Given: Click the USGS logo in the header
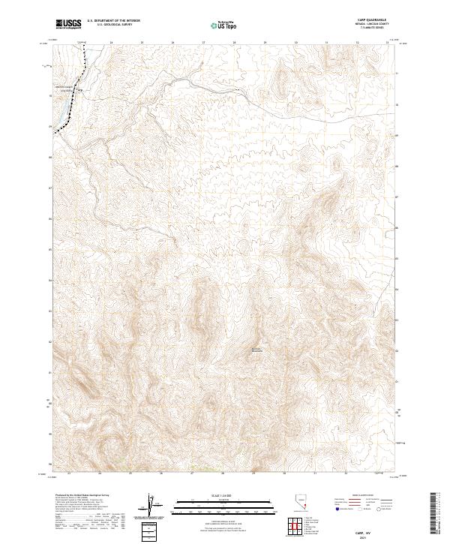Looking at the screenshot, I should pos(69,25).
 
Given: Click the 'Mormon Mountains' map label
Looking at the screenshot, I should pos(257,350).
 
